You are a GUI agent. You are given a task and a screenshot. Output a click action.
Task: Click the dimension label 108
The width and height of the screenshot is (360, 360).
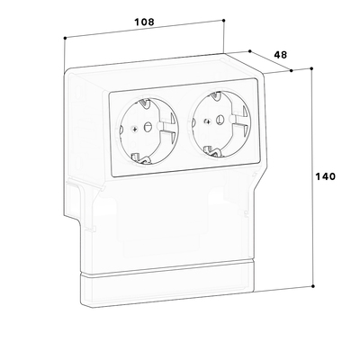pos(144,22)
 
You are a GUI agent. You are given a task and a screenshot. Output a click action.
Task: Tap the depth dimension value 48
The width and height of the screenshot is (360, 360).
pos(281,55)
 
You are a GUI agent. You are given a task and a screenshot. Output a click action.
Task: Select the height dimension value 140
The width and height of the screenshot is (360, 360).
pos(325,176)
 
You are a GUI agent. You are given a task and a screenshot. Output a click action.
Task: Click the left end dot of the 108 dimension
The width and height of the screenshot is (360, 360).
pos(65,38)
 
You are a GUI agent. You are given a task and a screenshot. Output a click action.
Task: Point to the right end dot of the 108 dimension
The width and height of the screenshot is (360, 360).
pos(224,20)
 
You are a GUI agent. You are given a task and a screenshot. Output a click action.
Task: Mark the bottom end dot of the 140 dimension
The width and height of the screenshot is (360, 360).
pos(313,286)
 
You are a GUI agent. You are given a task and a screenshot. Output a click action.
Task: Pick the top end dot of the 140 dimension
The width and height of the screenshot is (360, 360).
pos(311,68)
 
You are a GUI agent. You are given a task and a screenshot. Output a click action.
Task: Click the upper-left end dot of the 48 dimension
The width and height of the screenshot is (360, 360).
pos(250,51)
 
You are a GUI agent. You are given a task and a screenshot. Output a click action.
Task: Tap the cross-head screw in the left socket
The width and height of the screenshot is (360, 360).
pos(135,130)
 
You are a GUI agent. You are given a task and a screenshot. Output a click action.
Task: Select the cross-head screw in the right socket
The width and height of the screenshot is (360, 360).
pos(207,121)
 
